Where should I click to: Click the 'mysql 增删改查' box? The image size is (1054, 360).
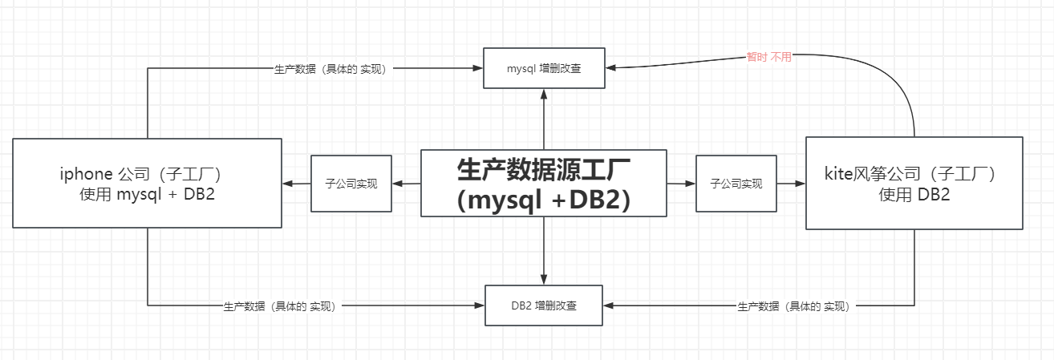[544, 68]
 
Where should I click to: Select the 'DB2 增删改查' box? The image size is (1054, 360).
[544, 305]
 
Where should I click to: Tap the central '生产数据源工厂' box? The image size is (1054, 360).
[544, 183]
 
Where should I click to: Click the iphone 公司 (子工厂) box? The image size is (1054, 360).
[147, 183]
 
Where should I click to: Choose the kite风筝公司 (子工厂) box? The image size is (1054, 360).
[914, 183]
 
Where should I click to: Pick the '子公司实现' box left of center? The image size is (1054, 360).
[351, 184]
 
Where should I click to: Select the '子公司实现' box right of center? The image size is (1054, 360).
[736, 184]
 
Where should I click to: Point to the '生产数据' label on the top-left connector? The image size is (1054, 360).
[331, 69]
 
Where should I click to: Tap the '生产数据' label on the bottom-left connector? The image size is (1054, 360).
[279, 306]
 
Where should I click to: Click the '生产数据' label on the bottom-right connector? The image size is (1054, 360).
[793, 306]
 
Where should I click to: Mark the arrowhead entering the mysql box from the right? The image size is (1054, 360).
[611, 68]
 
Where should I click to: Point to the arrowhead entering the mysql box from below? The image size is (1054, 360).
[544, 93]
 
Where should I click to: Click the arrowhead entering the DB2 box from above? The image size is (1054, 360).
[544, 280]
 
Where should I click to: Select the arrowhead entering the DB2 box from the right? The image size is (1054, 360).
[609, 305]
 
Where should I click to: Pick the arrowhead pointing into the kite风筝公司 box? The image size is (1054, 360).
[800, 184]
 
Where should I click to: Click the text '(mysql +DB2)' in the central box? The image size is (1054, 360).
[544, 200]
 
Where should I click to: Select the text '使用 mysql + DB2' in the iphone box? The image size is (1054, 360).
[147, 194]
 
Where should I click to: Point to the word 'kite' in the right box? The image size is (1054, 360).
[837, 173]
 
